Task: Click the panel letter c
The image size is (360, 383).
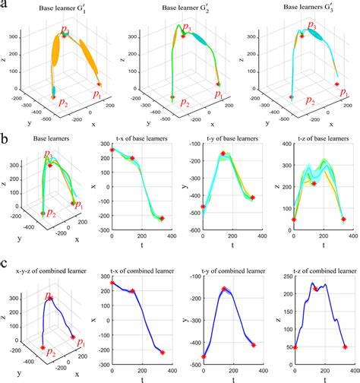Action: pyautogui.click(x=5, y=265)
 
